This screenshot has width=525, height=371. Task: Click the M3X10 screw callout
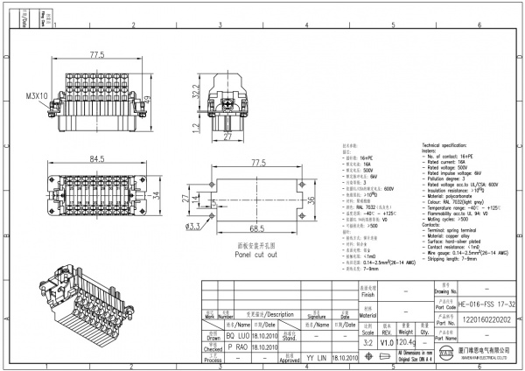pyautogui.click(x=37, y=95)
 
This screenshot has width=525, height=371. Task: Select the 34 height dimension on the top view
pyautogui.click(x=157, y=194)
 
